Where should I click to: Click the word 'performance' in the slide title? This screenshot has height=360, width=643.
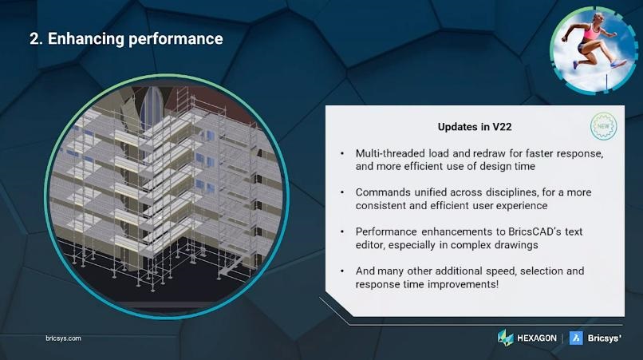coord(176,39)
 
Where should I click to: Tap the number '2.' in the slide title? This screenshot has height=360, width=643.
coord(36,39)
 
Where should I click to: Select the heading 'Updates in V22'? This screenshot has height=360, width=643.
coord(475,127)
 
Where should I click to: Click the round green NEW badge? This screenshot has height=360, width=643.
coord(603,126)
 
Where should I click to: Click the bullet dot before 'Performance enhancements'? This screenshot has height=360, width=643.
coord(342,232)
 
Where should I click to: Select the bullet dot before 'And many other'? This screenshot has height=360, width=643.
coord(342,271)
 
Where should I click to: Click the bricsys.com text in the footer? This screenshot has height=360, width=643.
coord(63,338)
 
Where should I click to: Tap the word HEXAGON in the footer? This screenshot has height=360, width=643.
coord(537,338)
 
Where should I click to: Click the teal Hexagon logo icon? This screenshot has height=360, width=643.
coord(505,338)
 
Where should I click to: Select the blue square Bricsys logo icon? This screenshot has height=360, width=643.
coord(576,338)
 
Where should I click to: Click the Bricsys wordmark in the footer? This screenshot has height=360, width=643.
coord(605,338)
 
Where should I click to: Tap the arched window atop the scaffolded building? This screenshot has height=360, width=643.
coord(152,108)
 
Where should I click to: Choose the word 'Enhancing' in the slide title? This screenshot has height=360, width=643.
coord(85,39)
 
